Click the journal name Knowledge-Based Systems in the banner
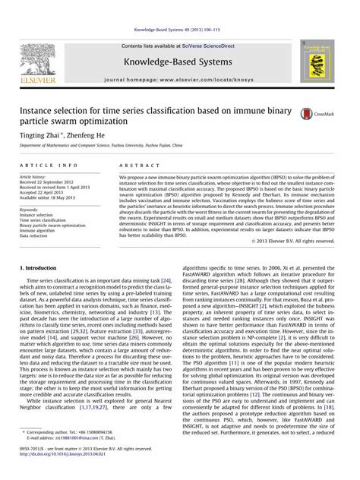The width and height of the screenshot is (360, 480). pos(180,61)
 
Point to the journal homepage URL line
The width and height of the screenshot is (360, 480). pos(180,79)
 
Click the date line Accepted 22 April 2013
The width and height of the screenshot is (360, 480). pos(44,193)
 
